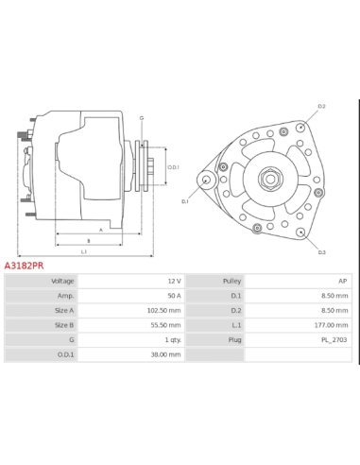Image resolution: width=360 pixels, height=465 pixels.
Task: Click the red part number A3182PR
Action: [24, 267]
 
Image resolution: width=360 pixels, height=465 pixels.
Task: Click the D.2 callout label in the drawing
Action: [320, 107]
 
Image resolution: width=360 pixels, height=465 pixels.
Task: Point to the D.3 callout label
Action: [320, 251]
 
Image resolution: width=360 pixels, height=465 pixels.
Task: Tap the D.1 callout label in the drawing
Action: [185, 201]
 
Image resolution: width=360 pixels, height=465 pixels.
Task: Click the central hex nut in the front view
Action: [269, 179]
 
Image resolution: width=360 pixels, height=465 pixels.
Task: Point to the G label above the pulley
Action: [142, 118]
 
